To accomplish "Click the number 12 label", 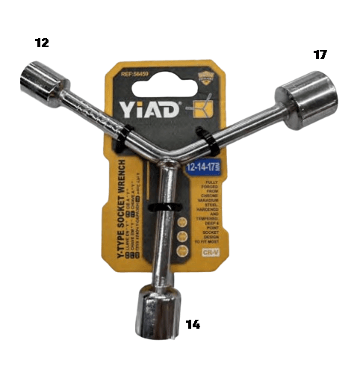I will [42, 43].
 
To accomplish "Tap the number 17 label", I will [320, 55].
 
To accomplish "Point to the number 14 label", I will [193, 324].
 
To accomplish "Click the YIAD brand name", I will [148, 110].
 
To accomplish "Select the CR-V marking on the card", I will [211, 254].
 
